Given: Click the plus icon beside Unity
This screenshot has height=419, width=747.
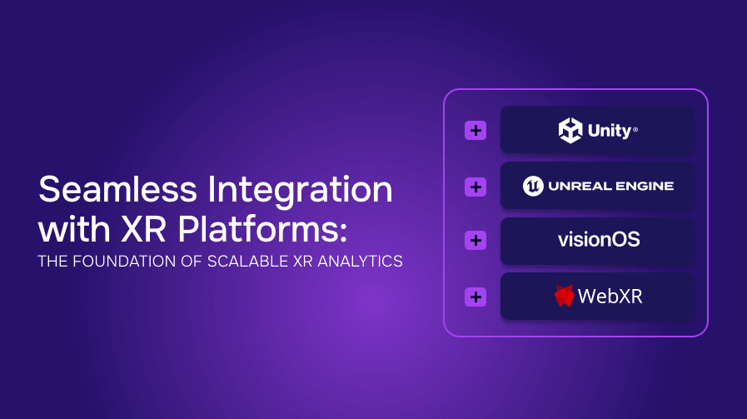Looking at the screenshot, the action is click(x=476, y=131).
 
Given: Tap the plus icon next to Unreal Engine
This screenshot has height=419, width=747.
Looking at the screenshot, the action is click(x=476, y=187).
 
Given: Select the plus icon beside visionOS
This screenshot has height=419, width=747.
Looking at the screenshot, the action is click(x=476, y=240).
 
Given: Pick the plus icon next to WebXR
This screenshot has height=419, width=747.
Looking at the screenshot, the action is click(x=476, y=297).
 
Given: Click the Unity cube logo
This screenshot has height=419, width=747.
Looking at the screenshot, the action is click(x=570, y=130).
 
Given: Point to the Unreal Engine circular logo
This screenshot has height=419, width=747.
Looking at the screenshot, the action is click(x=533, y=186).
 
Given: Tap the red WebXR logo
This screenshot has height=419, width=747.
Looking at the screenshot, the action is click(x=565, y=296).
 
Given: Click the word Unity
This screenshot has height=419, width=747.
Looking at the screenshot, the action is click(x=610, y=131).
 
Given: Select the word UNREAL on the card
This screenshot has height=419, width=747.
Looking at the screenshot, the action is click(x=576, y=186).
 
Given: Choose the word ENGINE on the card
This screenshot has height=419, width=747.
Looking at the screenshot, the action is click(x=643, y=186).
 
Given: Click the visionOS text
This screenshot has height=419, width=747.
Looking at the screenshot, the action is click(x=599, y=239).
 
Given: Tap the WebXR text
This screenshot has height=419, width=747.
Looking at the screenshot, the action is click(x=610, y=296).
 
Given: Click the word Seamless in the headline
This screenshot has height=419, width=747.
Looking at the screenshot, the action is click(x=117, y=189).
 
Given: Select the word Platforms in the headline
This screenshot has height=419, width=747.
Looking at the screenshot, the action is click(x=262, y=230).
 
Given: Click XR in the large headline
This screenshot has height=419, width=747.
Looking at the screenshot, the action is click(x=143, y=230).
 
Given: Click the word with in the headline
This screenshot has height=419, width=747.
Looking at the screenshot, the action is click(x=75, y=230).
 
